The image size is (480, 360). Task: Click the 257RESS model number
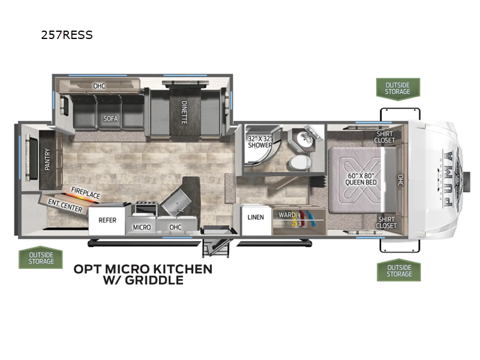pyautogui.click(x=67, y=35)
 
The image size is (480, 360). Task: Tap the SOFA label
pyautogui.click(x=110, y=118)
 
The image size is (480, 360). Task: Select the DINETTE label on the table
pyautogui.click(x=184, y=112)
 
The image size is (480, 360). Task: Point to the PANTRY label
pyautogui.click(x=47, y=159)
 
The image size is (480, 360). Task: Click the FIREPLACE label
pyautogui.click(x=85, y=193)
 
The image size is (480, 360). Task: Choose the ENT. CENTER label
pyautogui.click(x=65, y=205)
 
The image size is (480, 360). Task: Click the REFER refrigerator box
pyautogui.click(x=107, y=220)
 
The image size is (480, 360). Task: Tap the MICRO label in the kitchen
pyautogui.click(x=142, y=227)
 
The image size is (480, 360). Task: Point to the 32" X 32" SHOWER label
pyautogui.click(x=260, y=142)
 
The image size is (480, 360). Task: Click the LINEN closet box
pyautogui.click(x=256, y=220)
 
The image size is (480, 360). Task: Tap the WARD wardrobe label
pyautogui.click(x=287, y=215)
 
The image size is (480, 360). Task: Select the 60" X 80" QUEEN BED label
pyautogui.click(x=361, y=179)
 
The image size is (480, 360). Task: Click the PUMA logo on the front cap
pyautogui.click(x=449, y=179)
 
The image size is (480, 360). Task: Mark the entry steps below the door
pyautogui.click(x=215, y=248)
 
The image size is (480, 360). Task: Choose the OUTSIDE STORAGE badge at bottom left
pyautogui.click(x=41, y=258)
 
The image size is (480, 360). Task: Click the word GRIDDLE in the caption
pyautogui.click(x=154, y=280)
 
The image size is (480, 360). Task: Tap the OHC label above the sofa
pyautogui.click(x=99, y=86)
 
